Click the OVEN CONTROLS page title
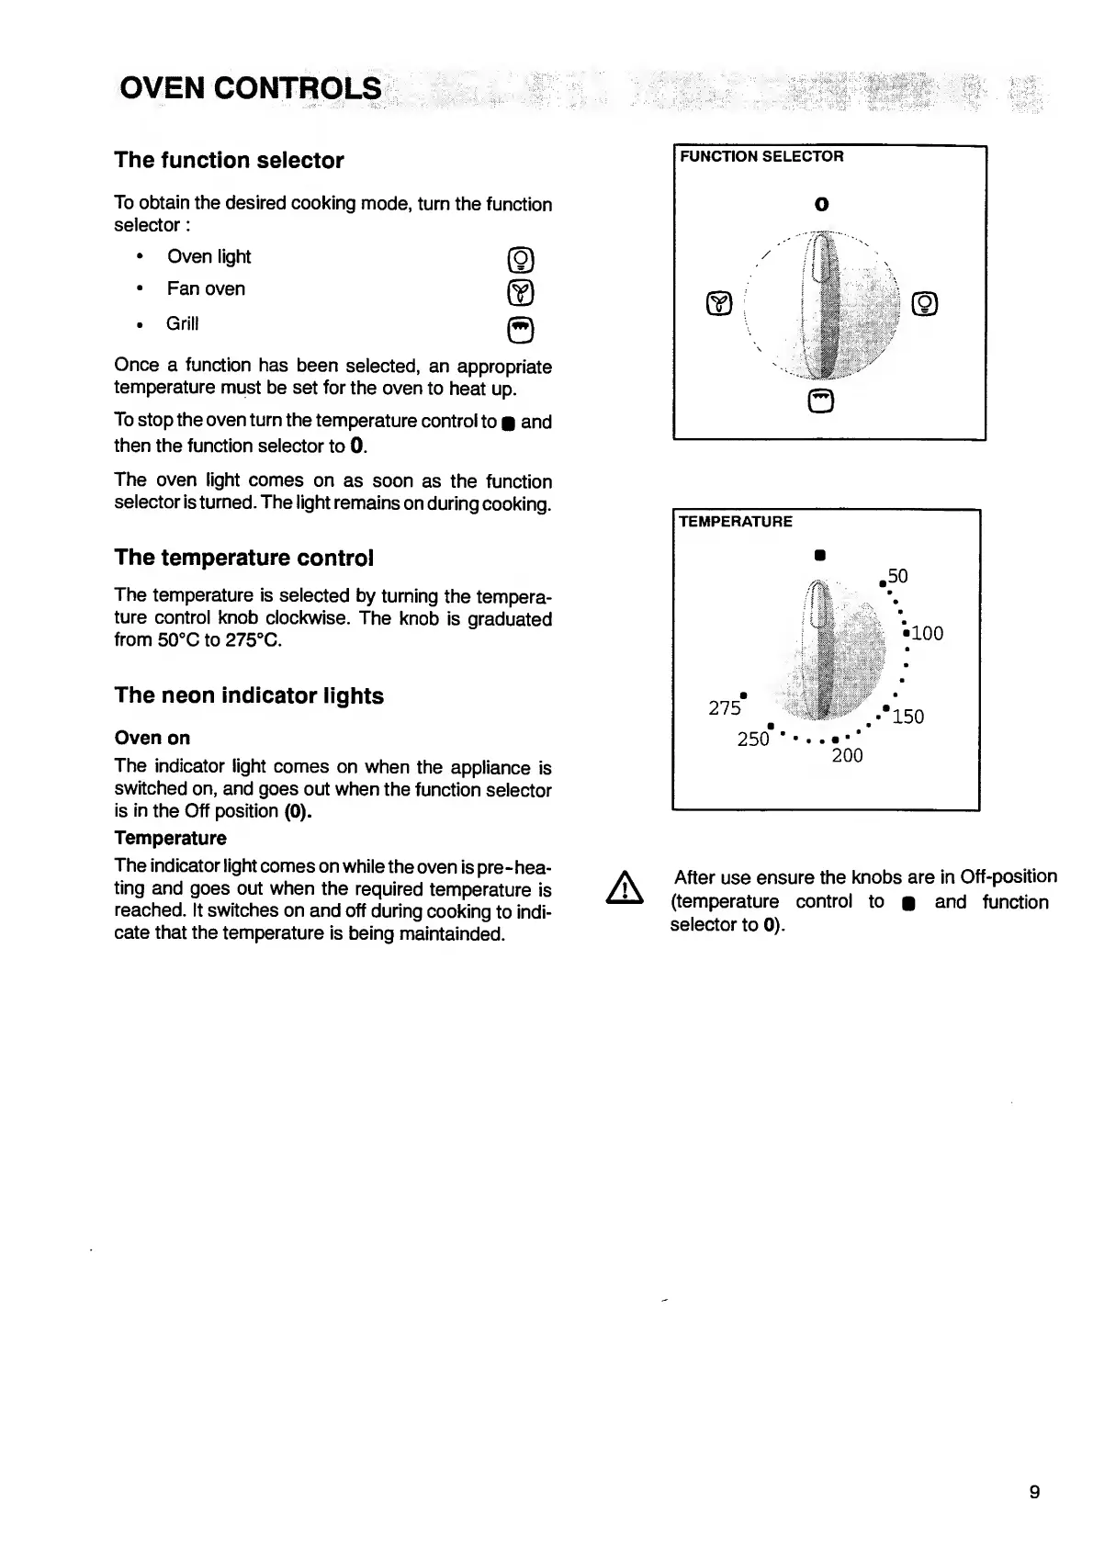coord(250,88)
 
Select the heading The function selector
coord(229,161)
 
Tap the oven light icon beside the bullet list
coord(520,261)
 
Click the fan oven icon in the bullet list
coord(520,294)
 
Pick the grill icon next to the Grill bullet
coord(520,329)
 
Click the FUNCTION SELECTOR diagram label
coord(761,157)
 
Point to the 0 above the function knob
coord(821,204)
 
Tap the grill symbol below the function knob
coord(822,401)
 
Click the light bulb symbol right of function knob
coord(925,303)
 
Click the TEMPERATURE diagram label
coord(735,522)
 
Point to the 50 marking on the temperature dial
coord(897,576)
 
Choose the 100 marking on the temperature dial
coord(927,633)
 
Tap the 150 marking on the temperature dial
coord(907,717)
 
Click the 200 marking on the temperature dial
coord(847,756)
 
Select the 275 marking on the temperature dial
coord(725,707)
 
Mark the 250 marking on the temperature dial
coord(753,740)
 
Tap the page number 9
coord(1034,1492)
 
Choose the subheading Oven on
coord(152,738)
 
